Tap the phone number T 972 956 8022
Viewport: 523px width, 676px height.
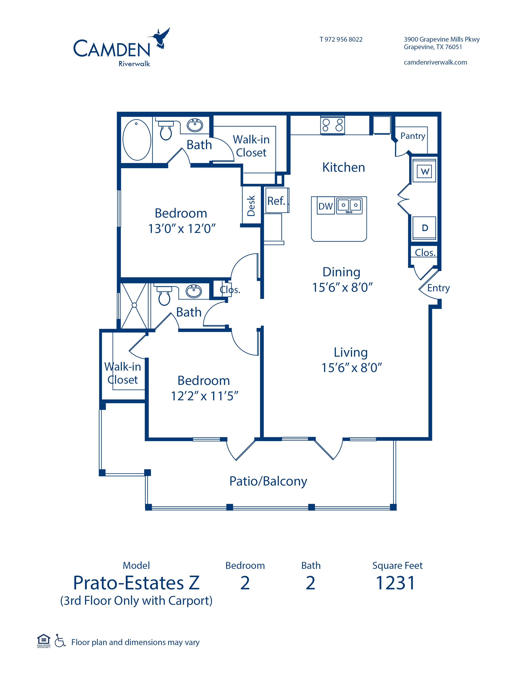(341, 39)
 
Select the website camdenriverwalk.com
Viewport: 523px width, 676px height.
(435, 62)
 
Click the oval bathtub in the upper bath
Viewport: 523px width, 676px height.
(137, 140)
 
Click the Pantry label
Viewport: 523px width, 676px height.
(413, 136)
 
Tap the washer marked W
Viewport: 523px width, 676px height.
(425, 171)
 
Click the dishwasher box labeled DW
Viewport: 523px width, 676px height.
(325, 206)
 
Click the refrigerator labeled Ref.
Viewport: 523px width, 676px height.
(277, 201)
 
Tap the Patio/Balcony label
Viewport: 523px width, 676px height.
(268, 481)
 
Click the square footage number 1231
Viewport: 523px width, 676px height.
(395, 583)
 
